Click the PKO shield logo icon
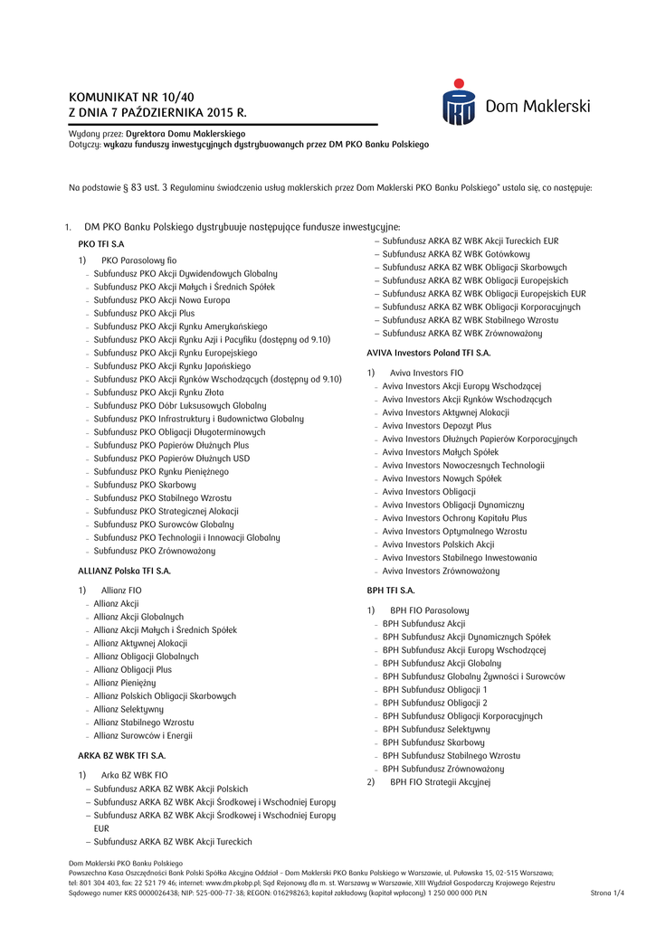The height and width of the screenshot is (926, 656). pos(458,102)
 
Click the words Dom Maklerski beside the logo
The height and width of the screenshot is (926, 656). pos(537,107)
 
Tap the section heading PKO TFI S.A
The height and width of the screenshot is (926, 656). pos(101,244)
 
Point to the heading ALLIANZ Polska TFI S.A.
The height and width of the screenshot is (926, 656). pos(124,571)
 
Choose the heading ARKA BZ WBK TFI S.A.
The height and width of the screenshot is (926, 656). pos(121,755)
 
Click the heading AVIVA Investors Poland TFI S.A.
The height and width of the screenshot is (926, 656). pos(428,352)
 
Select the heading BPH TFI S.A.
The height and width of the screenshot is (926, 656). pos(390,590)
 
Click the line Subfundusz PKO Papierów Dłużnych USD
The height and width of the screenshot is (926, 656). pos(172,458)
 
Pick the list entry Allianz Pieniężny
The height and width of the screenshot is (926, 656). pos(125,683)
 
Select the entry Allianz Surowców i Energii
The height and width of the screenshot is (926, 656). pos(142,736)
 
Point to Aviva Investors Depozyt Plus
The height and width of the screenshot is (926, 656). pos(437,425)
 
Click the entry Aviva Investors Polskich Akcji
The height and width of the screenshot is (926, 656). pos(438,544)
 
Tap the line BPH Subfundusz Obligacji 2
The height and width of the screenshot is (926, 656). pos(434,703)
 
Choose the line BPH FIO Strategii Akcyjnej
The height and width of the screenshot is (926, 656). pos(440,782)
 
